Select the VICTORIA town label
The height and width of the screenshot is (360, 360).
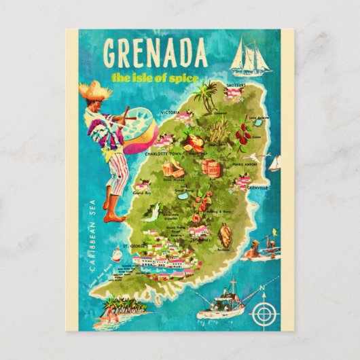pos(170,111)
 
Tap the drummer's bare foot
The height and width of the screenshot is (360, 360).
pos(109,203)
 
